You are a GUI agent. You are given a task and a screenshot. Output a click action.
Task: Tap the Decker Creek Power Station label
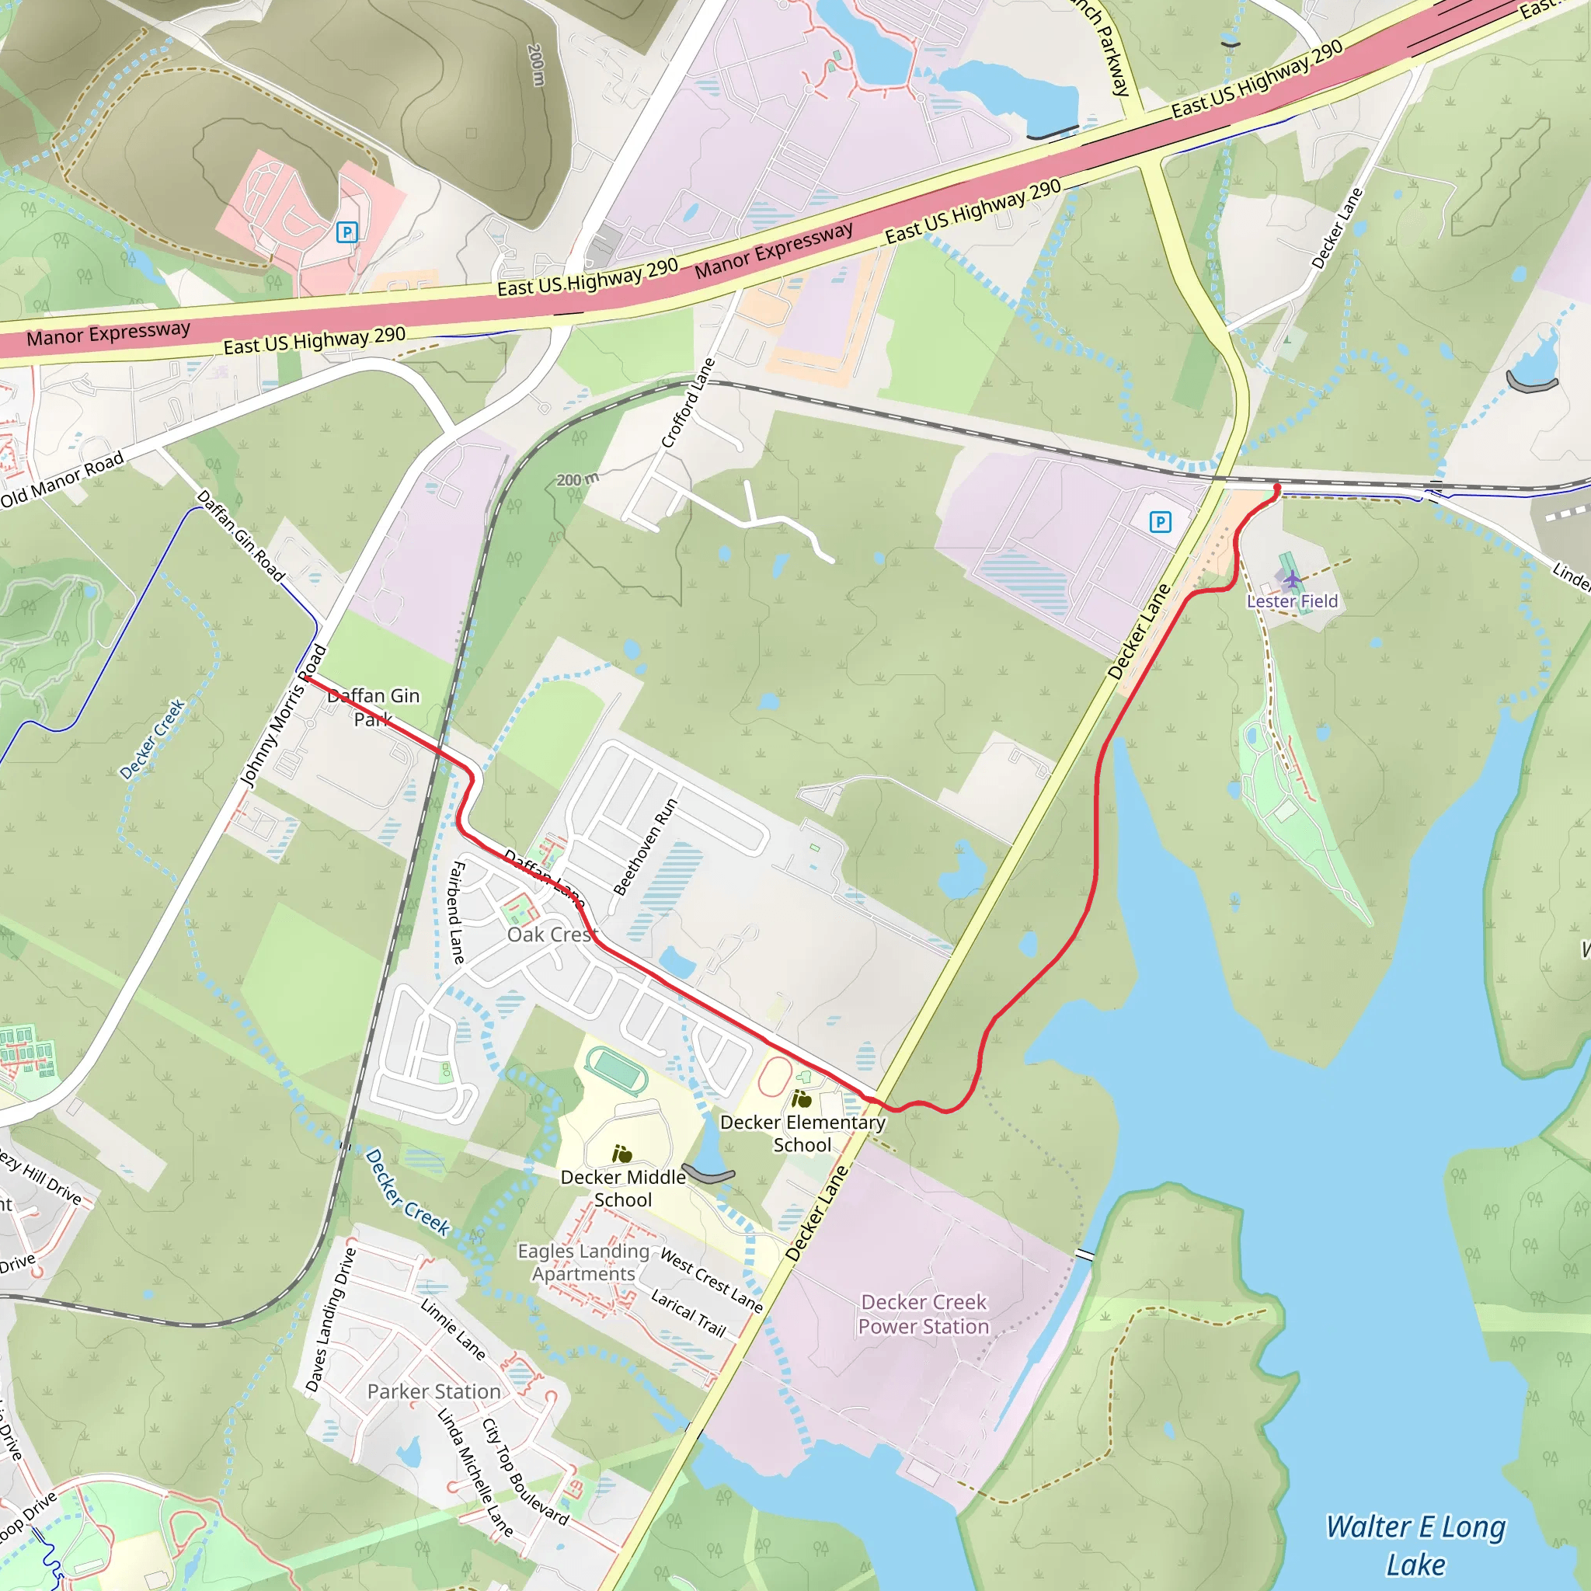(923, 1314)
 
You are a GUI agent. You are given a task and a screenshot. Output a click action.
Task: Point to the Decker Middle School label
(622, 1189)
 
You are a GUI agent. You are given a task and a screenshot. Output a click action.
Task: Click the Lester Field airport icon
(1293, 580)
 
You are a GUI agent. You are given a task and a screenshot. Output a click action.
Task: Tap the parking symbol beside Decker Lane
(1160, 521)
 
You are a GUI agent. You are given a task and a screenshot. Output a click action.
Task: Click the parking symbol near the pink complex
(347, 232)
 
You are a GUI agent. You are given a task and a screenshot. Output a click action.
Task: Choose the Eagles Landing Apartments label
(583, 1262)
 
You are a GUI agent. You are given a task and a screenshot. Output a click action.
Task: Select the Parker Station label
(434, 1391)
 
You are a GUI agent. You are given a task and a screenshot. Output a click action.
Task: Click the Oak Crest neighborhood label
(550, 935)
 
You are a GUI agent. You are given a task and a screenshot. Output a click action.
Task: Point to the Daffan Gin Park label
(374, 708)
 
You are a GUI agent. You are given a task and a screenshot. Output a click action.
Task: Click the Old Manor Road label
(62, 480)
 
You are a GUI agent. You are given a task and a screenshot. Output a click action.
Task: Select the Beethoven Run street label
(645, 847)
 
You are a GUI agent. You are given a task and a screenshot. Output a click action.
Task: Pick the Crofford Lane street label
(688, 403)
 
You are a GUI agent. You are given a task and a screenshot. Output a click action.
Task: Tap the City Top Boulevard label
(524, 1471)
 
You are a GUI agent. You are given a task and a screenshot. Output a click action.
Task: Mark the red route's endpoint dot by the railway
(1277, 489)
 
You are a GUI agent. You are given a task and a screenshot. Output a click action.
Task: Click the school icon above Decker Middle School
(621, 1154)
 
